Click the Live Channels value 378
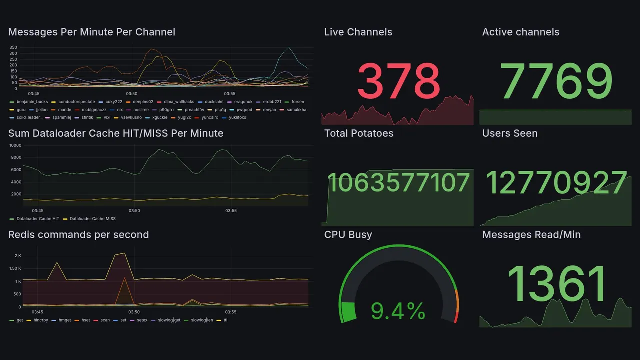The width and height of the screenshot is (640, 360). click(398, 81)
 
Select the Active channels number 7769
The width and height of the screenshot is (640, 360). click(557, 81)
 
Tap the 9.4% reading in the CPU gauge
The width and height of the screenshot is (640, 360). click(398, 312)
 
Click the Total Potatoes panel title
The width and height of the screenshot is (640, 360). click(359, 133)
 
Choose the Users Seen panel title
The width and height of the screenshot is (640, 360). click(510, 133)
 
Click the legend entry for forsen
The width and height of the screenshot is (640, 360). click(297, 102)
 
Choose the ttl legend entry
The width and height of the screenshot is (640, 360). click(225, 320)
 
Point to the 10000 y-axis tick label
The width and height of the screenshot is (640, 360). click(15, 145)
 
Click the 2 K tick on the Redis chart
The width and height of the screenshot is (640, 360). click(17, 256)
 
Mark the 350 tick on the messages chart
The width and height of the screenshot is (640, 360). click(13, 47)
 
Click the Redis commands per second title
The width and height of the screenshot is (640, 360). click(78, 235)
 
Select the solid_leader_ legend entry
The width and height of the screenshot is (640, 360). click(29, 118)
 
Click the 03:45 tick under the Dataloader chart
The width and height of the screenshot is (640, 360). click(37, 211)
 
